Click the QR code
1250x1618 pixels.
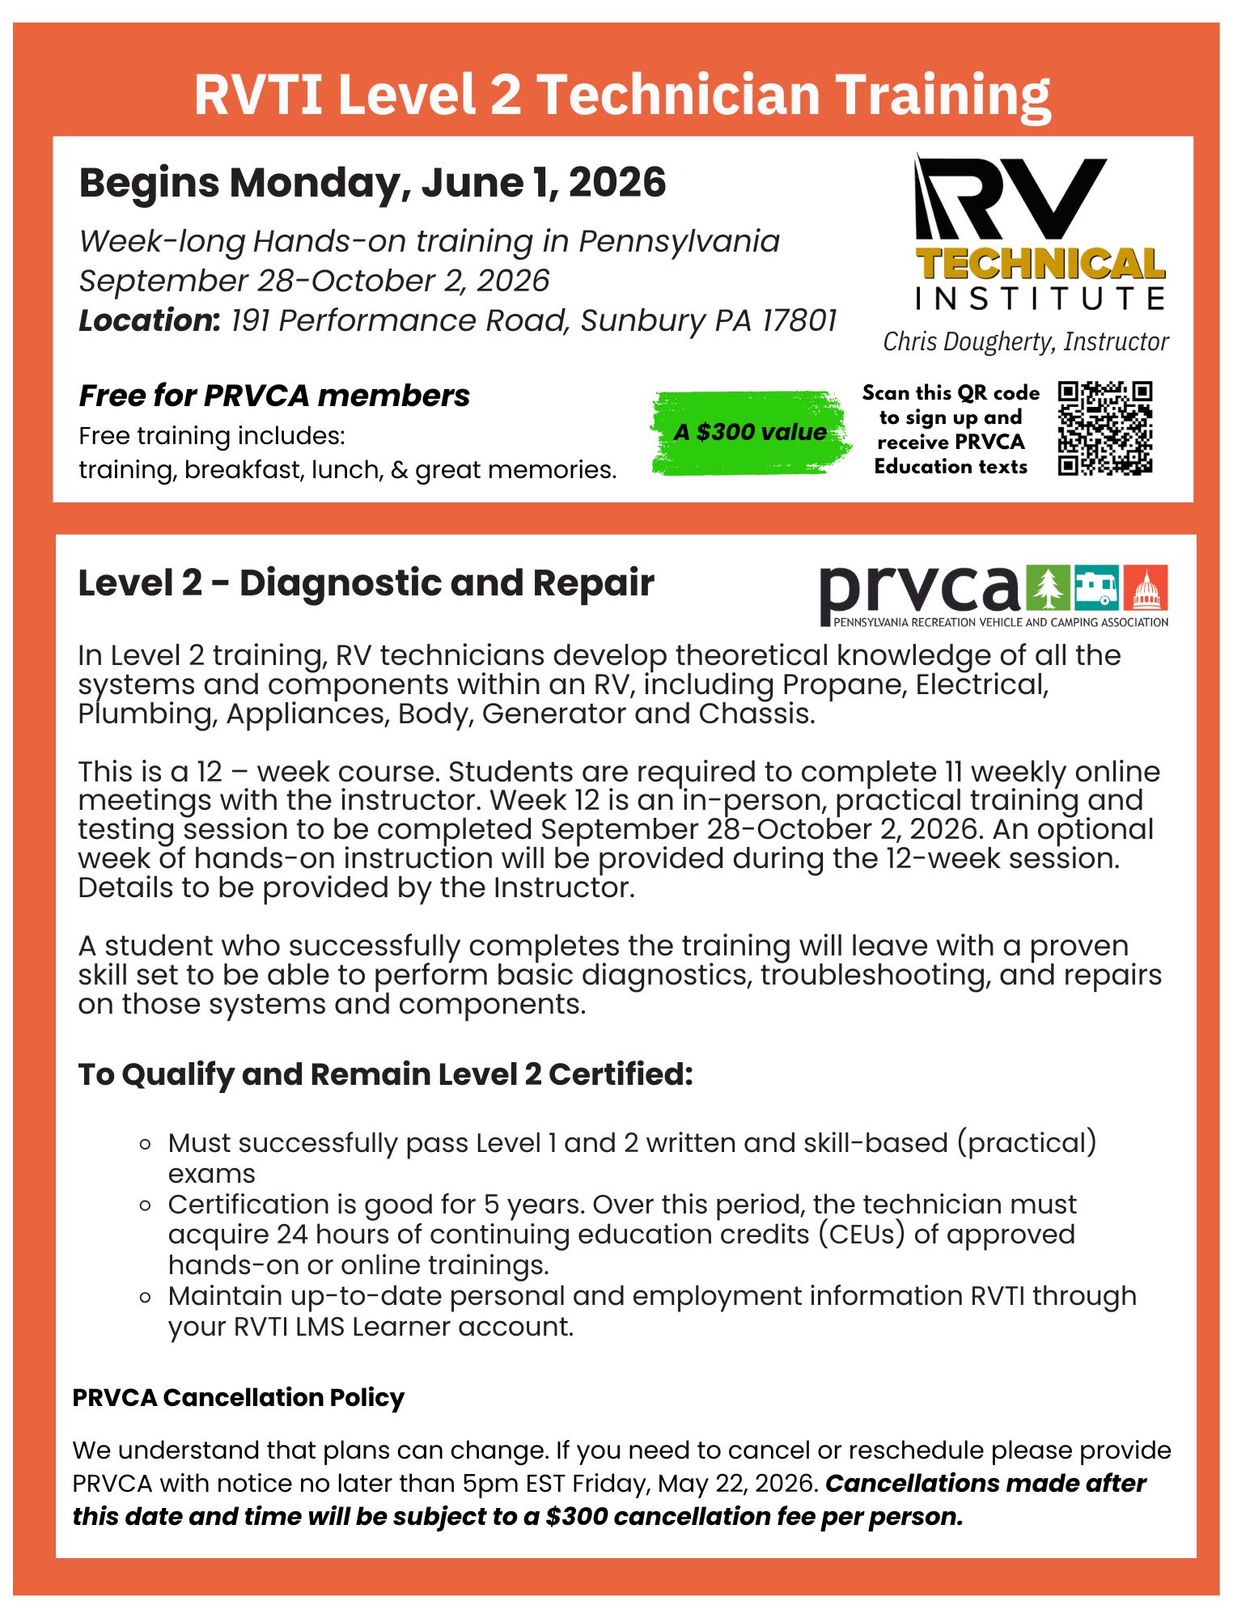click(1104, 428)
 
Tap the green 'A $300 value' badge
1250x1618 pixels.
click(750, 432)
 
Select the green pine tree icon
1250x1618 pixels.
click(1048, 588)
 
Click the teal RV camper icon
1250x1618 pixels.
click(1096, 588)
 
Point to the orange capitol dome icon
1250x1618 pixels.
click(1146, 588)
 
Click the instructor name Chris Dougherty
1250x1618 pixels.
click(1025, 341)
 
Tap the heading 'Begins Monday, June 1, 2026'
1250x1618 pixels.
click(372, 183)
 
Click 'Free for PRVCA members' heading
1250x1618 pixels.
click(274, 396)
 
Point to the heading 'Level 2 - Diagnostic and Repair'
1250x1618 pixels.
click(366, 583)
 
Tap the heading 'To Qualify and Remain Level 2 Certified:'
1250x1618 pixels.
click(385, 1074)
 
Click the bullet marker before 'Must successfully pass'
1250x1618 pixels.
click(146, 1145)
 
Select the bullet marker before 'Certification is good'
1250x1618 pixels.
click(146, 1205)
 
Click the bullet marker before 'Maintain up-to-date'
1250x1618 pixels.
click(146, 1298)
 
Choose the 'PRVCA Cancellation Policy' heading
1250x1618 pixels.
click(238, 1398)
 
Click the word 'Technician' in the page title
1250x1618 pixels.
click(678, 95)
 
